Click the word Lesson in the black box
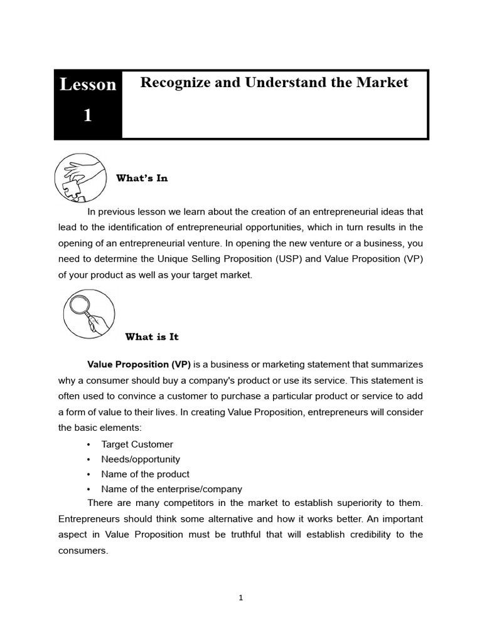(x=88, y=85)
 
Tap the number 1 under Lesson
(x=88, y=116)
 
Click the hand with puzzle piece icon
(x=80, y=177)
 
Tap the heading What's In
(x=142, y=178)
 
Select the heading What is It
(x=152, y=337)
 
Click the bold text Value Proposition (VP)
(x=139, y=364)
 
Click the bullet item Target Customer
(x=137, y=444)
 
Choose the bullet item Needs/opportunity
(x=141, y=459)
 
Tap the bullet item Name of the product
(x=145, y=474)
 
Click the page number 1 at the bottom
(x=240, y=597)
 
